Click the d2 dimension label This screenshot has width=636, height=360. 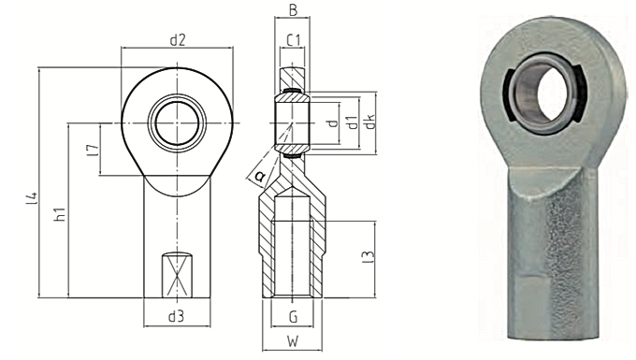[178, 39]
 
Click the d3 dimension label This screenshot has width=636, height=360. [176, 316]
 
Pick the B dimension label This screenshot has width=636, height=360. [293, 12]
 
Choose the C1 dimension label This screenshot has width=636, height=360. [293, 40]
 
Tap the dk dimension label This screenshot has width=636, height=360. [370, 122]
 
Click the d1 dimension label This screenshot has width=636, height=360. [351, 122]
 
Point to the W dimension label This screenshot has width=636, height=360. [293, 342]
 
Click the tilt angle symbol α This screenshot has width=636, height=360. [259, 174]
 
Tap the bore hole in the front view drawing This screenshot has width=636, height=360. [176, 122]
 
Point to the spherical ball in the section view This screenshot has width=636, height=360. [293, 122]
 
